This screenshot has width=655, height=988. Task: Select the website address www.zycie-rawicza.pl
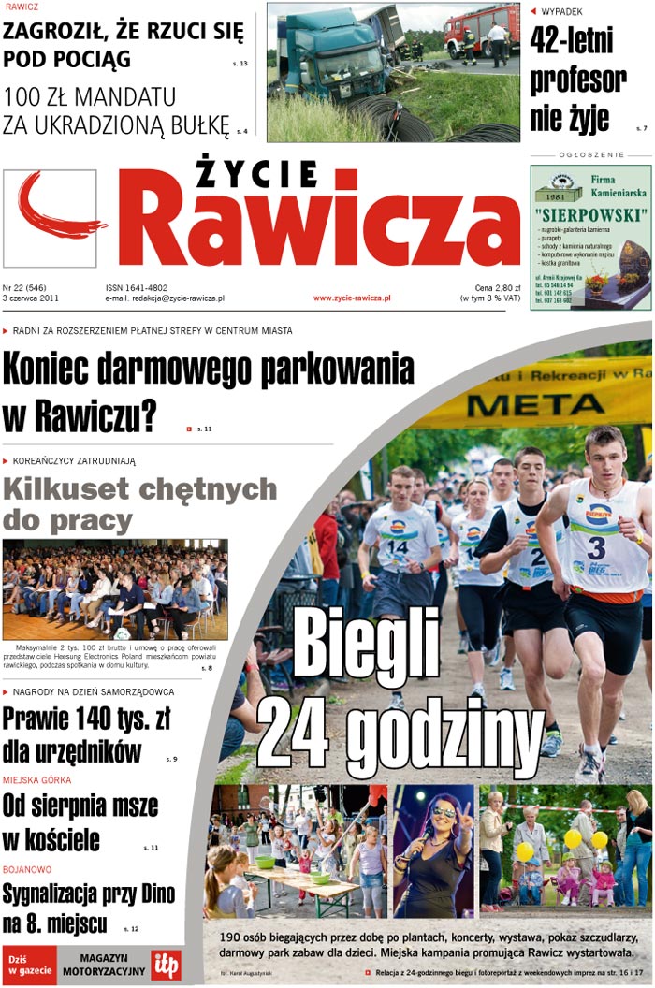point(352,298)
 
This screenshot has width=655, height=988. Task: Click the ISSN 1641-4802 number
point(137,288)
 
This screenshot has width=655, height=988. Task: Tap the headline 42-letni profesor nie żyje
point(577,80)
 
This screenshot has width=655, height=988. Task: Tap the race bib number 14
point(398,545)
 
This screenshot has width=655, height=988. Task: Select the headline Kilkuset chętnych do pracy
point(140,503)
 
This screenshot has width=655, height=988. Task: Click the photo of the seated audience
point(115,588)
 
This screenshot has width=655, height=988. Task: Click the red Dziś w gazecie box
point(29,965)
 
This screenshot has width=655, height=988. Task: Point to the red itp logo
point(167,964)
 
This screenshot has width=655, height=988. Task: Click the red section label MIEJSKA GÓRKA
point(36,779)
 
